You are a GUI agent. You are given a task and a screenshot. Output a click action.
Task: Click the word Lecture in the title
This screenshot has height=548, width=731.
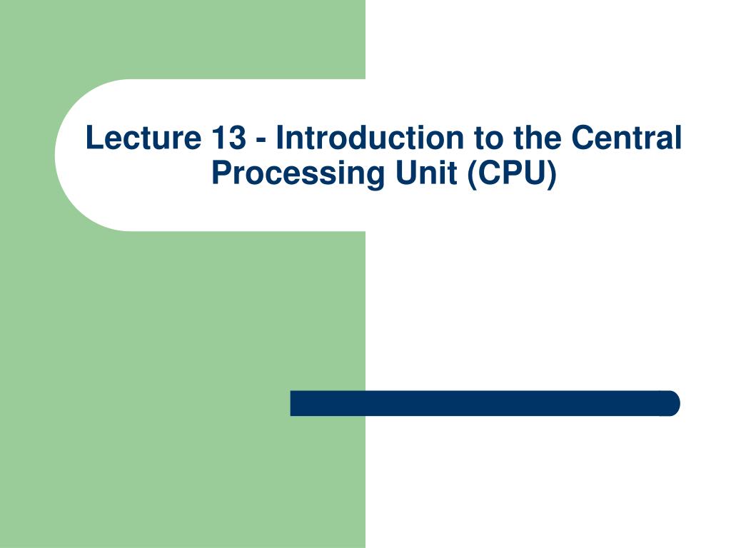143,138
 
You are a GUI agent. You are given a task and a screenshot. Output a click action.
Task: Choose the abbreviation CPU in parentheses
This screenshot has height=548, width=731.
512,172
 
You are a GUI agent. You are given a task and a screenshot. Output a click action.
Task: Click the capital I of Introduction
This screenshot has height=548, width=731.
280,138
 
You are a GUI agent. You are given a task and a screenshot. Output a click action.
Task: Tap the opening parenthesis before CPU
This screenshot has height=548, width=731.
473,173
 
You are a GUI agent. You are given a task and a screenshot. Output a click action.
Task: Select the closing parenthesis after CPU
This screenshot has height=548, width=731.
550,173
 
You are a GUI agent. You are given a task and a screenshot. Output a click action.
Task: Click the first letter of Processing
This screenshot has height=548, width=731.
221,172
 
